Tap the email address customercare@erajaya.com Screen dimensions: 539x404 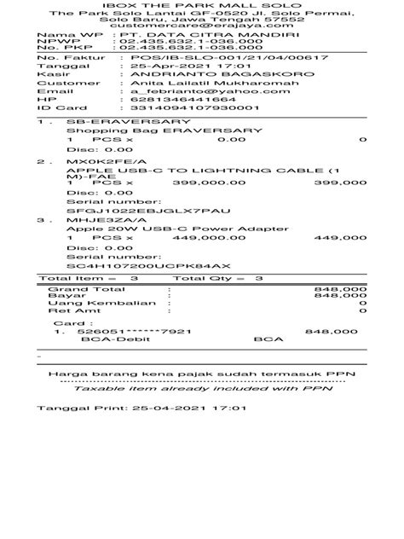click(x=202, y=27)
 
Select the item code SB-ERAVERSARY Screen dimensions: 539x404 click(x=108, y=122)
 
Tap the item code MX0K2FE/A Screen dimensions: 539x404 click(x=100, y=160)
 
